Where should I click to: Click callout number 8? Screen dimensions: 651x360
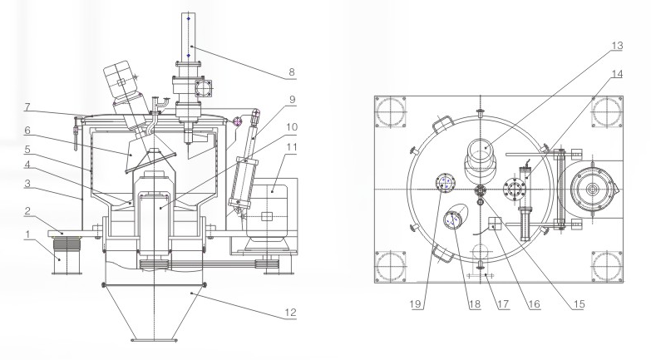coord(292,72)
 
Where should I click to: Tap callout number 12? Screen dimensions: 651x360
coord(291,313)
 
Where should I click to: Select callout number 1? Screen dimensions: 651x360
coord(27,234)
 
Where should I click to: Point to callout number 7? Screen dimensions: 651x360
coord(27,107)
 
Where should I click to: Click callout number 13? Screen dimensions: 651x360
coord(618,45)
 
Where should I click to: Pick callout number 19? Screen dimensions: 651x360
coord(415,304)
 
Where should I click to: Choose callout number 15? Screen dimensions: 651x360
coord(579,304)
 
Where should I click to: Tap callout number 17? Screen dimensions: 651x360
coord(503,304)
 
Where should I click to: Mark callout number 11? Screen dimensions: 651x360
coord(292,147)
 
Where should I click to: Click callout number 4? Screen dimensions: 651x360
coord(27,165)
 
